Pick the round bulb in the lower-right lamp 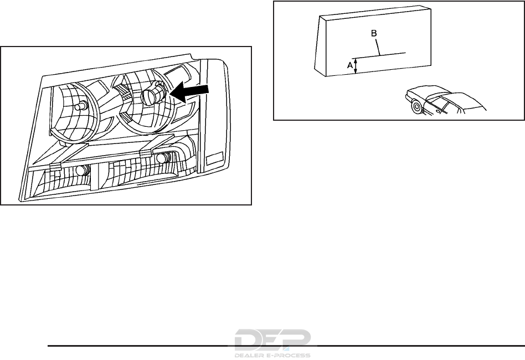tap(161, 158)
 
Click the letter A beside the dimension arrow tap(349, 65)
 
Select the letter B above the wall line tap(374, 34)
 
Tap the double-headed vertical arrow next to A tap(356, 65)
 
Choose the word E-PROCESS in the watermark tap(291, 354)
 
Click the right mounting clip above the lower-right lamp tap(146, 152)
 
